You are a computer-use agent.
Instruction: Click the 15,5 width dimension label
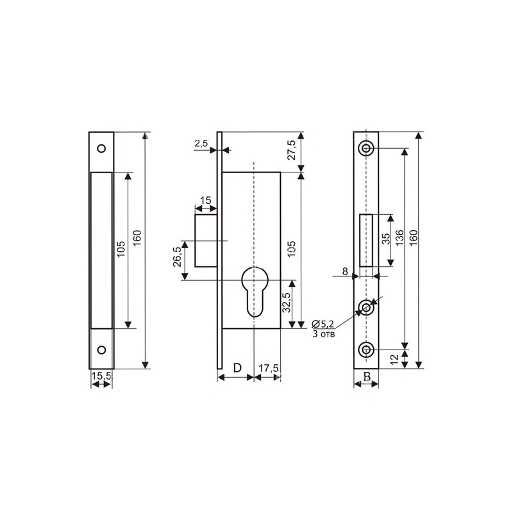(101, 376)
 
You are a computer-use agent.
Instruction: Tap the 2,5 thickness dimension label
(201, 144)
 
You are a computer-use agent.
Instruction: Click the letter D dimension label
(236, 368)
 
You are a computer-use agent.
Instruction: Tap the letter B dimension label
(366, 376)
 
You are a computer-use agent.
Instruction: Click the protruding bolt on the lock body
(206, 240)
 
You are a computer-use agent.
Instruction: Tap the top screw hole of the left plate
(101, 148)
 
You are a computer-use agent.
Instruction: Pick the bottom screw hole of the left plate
(101, 351)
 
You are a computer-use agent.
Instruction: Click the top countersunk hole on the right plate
(366, 149)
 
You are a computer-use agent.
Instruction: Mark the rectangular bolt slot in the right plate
(366, 240)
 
